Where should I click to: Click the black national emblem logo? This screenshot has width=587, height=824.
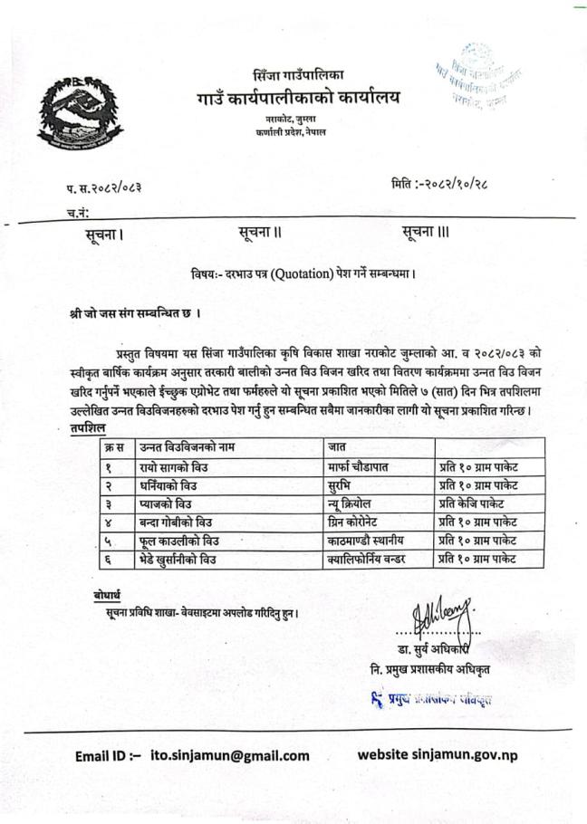click(x=80, y=119)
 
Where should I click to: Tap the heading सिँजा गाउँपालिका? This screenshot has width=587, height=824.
click(x=298, y=73)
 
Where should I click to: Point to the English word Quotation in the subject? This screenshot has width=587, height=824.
click(x=296, y=273)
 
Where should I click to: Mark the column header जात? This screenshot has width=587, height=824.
click(x=337, y=446)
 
